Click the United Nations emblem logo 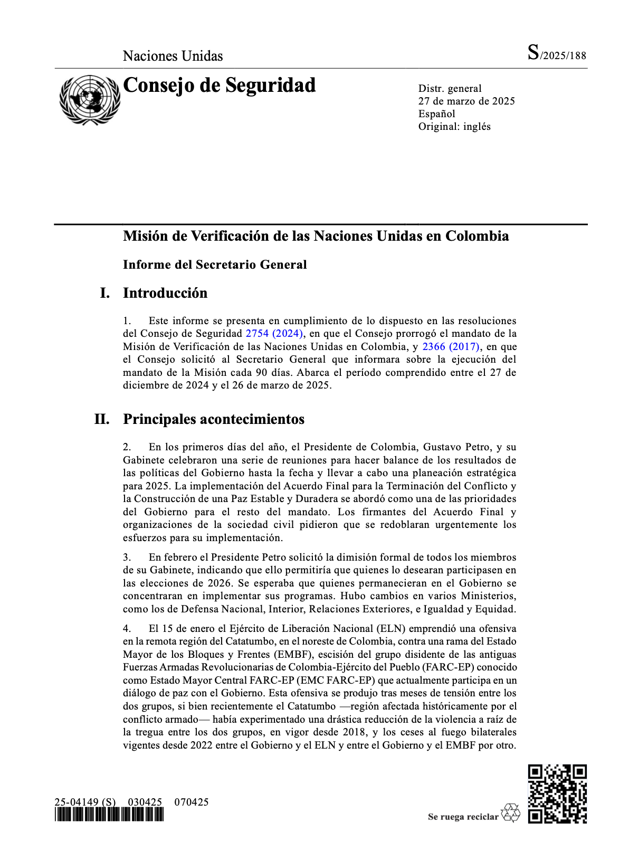click(x=90, y=100)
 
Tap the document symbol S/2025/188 click(x=557, y=54)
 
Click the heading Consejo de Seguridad click(x=219, y=86)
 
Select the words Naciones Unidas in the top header click(x=173, y=56)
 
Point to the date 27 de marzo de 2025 click(x=466, y=101)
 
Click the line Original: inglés click(x=454, y=127)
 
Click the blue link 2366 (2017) click(x=451, y=347)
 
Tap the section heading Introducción click(x=165, y=293)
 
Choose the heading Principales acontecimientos click(x=214, y=419)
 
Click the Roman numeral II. click(x=102, y=419)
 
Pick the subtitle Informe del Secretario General click(x=215, y=264)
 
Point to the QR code click(x=557, y=793)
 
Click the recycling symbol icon click(x=510, y=814)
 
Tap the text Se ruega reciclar click(x=463, y=817)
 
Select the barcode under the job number click(x=109, y=815)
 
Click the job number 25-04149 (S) click(x=85, y=802)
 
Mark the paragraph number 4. click(x=127, y=629)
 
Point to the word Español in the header click(x=436, y=114)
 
